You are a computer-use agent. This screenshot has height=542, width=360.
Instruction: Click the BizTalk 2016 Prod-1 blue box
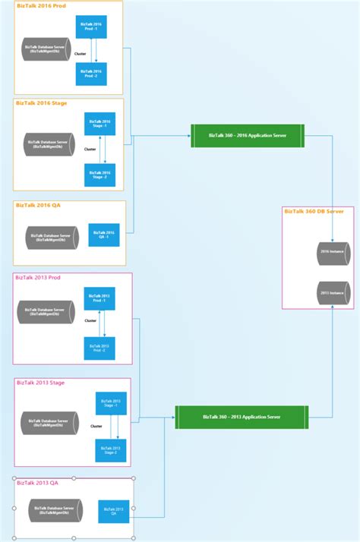pyautogui.click(x=92, y=28)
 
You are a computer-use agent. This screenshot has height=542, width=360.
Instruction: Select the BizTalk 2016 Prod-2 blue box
pyautogui.click(x=92, y=74)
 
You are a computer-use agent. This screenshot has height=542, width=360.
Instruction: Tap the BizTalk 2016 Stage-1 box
pyautogui.click(x=99, y=124)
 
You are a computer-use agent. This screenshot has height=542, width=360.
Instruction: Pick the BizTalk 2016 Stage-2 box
pyautogui.click(x=99, y=175)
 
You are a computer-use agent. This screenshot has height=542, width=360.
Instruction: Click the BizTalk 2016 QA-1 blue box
pyautogui.click(x=104, y=235)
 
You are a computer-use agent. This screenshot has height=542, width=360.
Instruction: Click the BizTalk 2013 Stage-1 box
pyautogui.click(x=110, y=404)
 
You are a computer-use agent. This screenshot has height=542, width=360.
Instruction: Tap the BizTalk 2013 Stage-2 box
pyautogui.click(x=110, y=450)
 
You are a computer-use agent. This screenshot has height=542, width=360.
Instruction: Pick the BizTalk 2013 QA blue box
pyautogui.click(x=114, y=511)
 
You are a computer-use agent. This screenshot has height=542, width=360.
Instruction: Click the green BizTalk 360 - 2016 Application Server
pyautogui.click(x=247, y=135)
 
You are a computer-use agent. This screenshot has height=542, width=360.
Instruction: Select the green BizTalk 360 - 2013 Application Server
pyautogui.click(x=242, y=417)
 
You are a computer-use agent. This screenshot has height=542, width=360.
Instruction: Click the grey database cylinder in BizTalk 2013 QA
pyautogui.click(x=57, y=510)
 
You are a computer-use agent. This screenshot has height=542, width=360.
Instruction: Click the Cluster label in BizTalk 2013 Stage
pyautogui.click(x=96, y=427)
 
